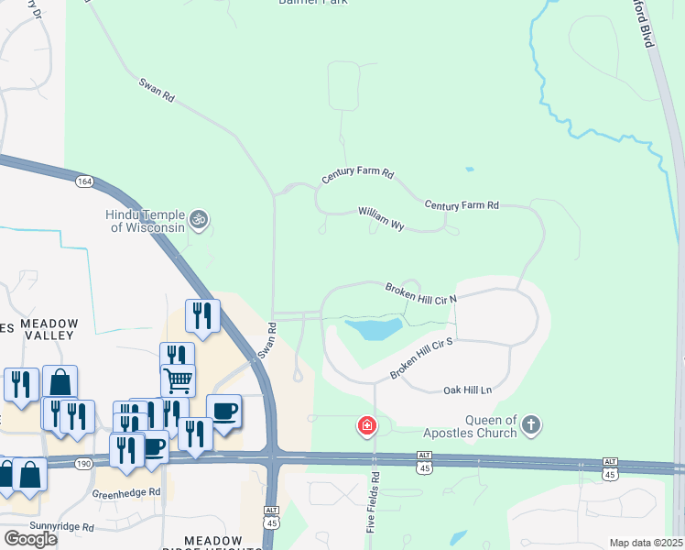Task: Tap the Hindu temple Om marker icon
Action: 199,220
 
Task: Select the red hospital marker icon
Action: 366,426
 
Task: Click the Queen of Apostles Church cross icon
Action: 531,425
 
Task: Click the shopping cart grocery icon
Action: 178,379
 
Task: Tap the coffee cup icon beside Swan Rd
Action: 223,411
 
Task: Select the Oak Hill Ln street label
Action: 467,390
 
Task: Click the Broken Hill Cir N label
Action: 420,291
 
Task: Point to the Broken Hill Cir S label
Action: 423,357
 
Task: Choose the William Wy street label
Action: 381,218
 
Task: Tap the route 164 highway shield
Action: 84,181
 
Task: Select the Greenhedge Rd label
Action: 126,492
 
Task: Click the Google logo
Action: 30,539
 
